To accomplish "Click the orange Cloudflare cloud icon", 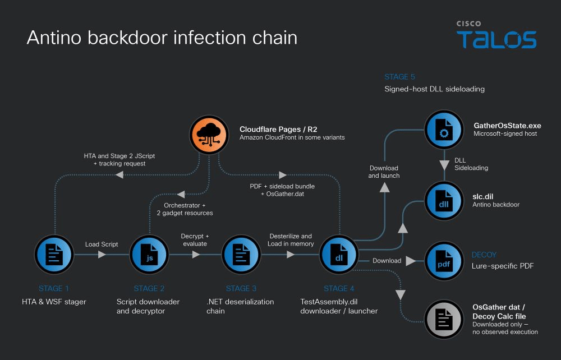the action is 209,135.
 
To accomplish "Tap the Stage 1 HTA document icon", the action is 54,255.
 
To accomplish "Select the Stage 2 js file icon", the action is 149,255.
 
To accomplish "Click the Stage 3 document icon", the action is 241,255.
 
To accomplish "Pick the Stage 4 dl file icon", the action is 339,255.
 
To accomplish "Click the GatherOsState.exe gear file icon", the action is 444,130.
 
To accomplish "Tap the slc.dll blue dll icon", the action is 444,201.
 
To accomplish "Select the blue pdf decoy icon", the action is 444,261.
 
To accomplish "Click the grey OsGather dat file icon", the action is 444,319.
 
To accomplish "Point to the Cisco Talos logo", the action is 496,34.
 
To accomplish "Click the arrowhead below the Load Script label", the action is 102,255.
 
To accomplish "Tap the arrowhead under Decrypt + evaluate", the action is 196,255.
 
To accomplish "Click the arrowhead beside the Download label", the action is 411,261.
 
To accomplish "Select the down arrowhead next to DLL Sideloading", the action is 444,165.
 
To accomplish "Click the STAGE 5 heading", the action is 399,77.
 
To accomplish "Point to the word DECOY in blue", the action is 484,255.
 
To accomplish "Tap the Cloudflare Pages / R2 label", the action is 278,129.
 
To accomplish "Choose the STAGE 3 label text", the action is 241,288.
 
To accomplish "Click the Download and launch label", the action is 384,172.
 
